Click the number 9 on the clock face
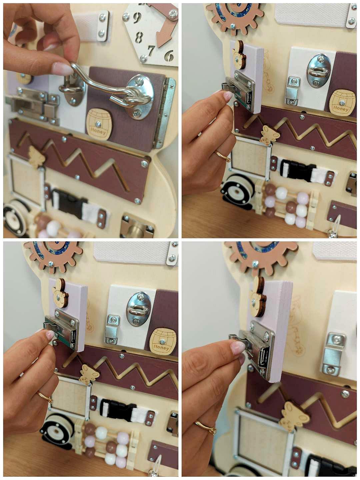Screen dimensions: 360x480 click(x=137, y=17)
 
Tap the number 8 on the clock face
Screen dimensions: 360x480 click(x=139, y=37)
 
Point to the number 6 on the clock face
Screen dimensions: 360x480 click(x=169, y=55)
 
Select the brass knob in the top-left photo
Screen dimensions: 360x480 click(x=136, y=230)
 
